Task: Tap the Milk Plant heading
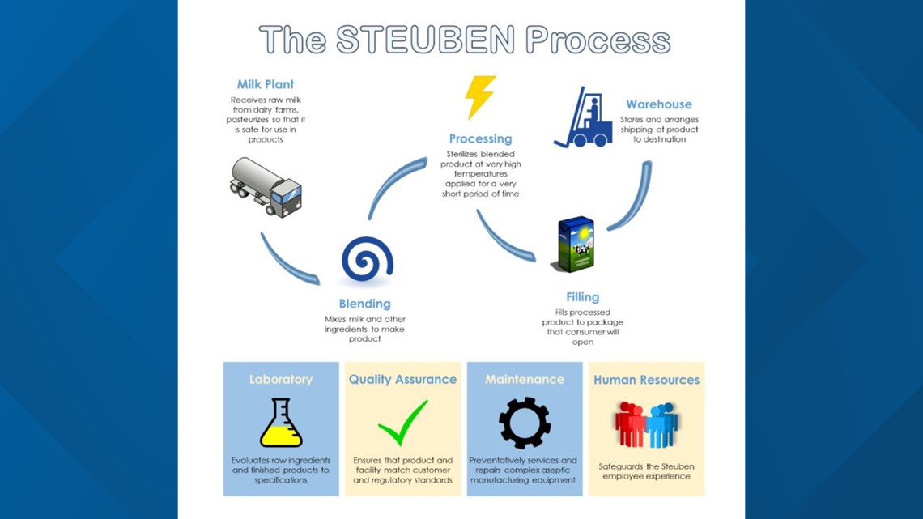(266, 84)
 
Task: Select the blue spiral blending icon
(367, 259)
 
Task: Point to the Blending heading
(364, 304)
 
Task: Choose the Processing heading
(480, 138)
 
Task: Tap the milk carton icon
(573, 245)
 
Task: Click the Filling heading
(583, 297)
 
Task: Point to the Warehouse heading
(658, 104)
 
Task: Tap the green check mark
(402, 423)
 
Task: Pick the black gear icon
(525, 423)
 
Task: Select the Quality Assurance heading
(402, 379)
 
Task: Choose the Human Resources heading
(646, 379)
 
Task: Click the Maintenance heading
(525, 379)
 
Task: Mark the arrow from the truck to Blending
(287, 261)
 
